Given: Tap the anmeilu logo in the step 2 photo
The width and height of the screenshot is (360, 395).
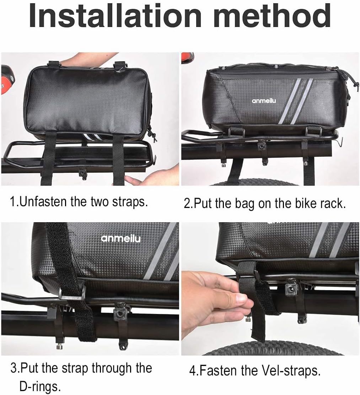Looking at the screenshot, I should pos(264,101).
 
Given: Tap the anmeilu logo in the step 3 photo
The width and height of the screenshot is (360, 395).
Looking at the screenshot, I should pos(120,238).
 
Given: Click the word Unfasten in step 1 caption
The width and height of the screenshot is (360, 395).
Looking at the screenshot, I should pos(43,202).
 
